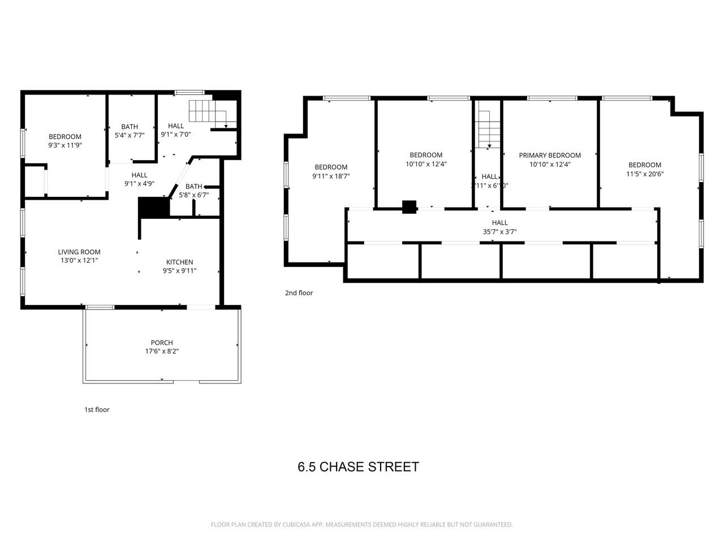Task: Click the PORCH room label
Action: [x=162, y=342]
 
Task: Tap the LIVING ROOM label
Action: [x=79, y=252]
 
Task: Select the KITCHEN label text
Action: [x=179, y=262]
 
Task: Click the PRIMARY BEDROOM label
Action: [x=550, y=155]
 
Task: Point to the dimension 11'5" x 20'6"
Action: [x=644, y=174]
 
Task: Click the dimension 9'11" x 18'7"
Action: [x=331, y=176]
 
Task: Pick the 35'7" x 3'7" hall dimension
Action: [x=499, y=231]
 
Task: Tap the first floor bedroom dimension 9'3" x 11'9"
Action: [x=65, y=145]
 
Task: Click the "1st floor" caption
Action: [x=97, y=410]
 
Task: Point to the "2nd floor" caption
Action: [x=299, y=293]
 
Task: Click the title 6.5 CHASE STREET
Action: [x=358, y=467]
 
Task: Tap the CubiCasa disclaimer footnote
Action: [x=361, y=525]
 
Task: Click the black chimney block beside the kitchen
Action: [x=154, y=206]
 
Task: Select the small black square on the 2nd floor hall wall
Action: [x=409, y=207]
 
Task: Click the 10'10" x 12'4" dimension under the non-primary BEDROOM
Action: [x=426, y=164]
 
